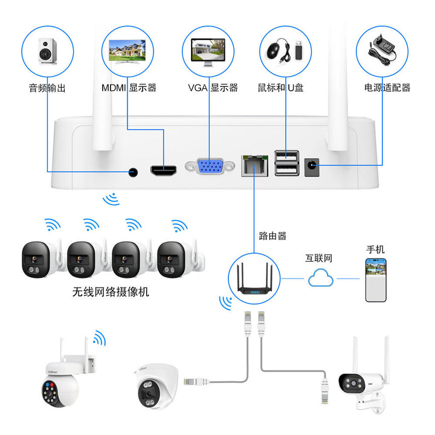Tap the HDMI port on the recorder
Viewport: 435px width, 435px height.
click(163, 170)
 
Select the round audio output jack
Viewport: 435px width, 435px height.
click(133, 172)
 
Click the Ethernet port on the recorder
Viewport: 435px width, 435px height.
click(254, 165)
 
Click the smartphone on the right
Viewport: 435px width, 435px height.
click(375, 279)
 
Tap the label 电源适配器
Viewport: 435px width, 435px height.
click(387, 88)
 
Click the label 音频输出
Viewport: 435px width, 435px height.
click(47, 88)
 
